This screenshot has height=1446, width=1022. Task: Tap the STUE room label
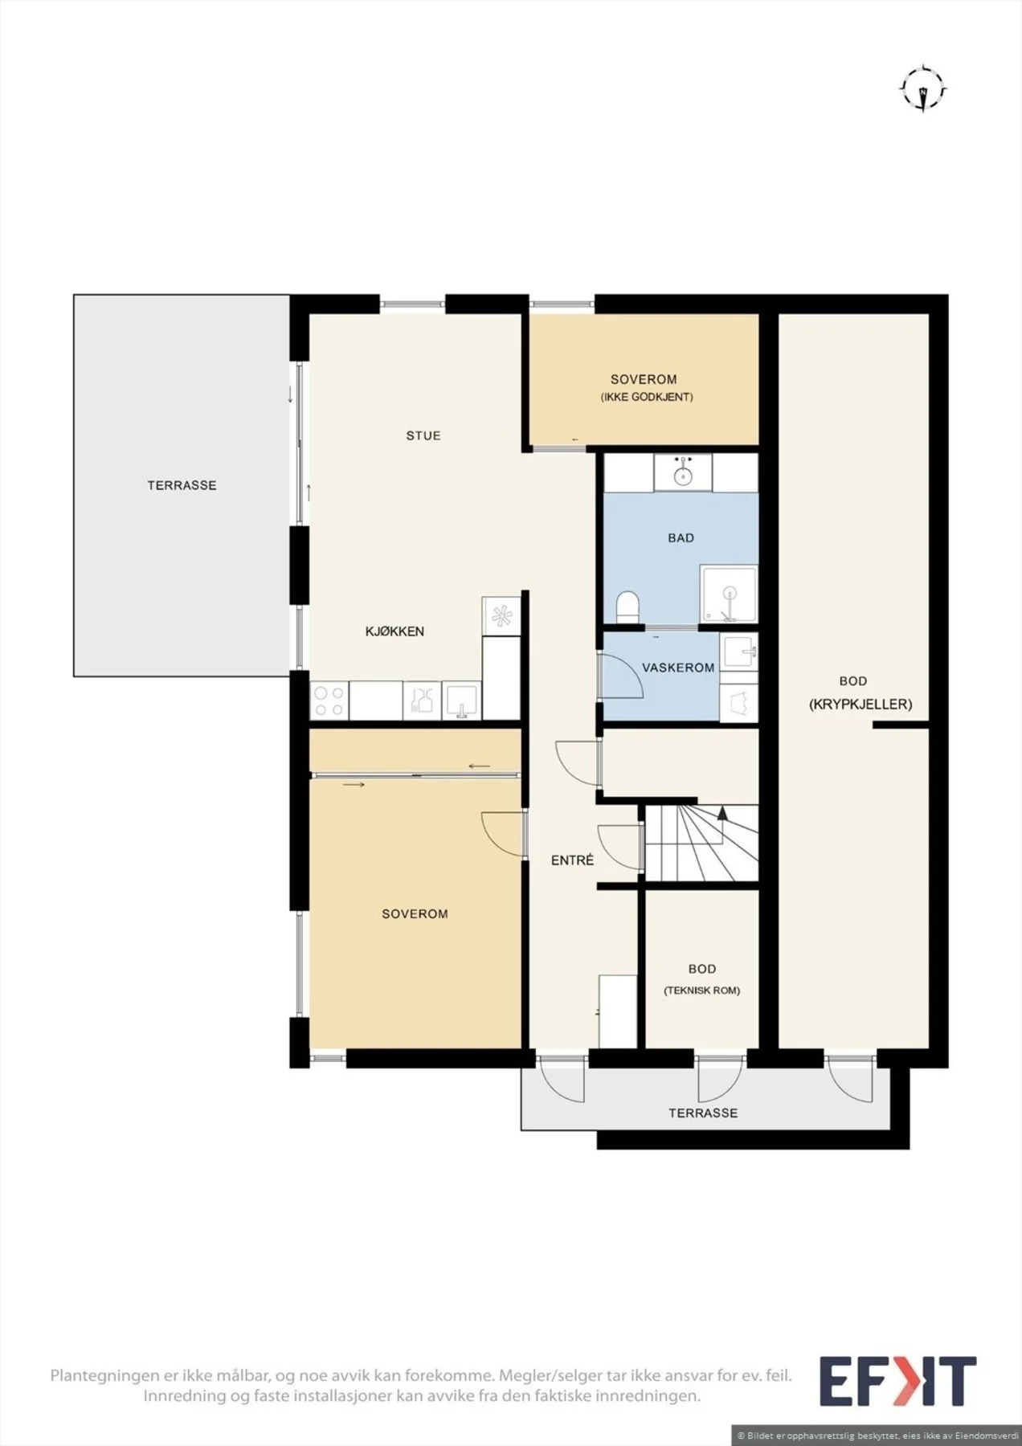click(423, 435)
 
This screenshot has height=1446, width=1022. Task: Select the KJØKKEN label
click(394, 631)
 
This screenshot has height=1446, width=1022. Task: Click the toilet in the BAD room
click(627, 607)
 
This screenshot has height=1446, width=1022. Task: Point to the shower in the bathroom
click(729, 594)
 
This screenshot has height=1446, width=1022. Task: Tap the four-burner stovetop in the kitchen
click(329, 701)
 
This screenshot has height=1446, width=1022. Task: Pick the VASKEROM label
click(678, 668)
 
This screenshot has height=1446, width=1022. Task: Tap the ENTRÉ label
click(572, 860)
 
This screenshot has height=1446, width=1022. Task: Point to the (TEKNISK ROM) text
click(702, 991)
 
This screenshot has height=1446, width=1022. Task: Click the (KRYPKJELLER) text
click(861, 705)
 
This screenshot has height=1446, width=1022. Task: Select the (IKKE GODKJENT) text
click(647, 397)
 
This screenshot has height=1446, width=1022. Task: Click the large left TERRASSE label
click(182, 485)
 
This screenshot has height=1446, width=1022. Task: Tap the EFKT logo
click(897, 1380)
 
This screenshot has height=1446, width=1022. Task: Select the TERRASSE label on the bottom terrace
click(703, 1113)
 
